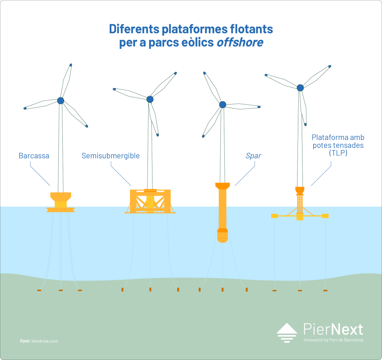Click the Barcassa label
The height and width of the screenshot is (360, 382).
pos(34,156)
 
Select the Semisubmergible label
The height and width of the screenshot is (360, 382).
pos(111,156)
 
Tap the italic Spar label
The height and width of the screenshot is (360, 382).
pos(253,156)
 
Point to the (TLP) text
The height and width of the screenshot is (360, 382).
pos(338,153)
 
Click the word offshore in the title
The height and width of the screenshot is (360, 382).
pos(240,42)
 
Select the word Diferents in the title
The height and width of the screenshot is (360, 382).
pos(134,29)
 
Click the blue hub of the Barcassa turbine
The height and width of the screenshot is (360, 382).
pos(61,100)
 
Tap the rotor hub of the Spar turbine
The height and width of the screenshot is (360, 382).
pos(223,104)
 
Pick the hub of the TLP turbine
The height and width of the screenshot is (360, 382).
pos(300,88)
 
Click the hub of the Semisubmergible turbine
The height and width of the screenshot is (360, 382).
pos(150,99)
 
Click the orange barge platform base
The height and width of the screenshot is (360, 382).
pos(61,202)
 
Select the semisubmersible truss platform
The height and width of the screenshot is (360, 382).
pos(150,201)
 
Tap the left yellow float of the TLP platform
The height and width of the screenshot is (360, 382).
pos(274,216)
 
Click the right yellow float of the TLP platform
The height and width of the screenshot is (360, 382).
pos(325,216)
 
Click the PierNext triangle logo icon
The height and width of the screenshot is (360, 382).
pos(287,333)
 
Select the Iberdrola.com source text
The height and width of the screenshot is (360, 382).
pos(45,341)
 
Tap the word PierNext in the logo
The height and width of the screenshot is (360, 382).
pos(333,329)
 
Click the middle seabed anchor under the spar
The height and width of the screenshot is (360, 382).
pos(223,290)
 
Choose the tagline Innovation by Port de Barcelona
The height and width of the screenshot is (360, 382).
pos(333,340)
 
